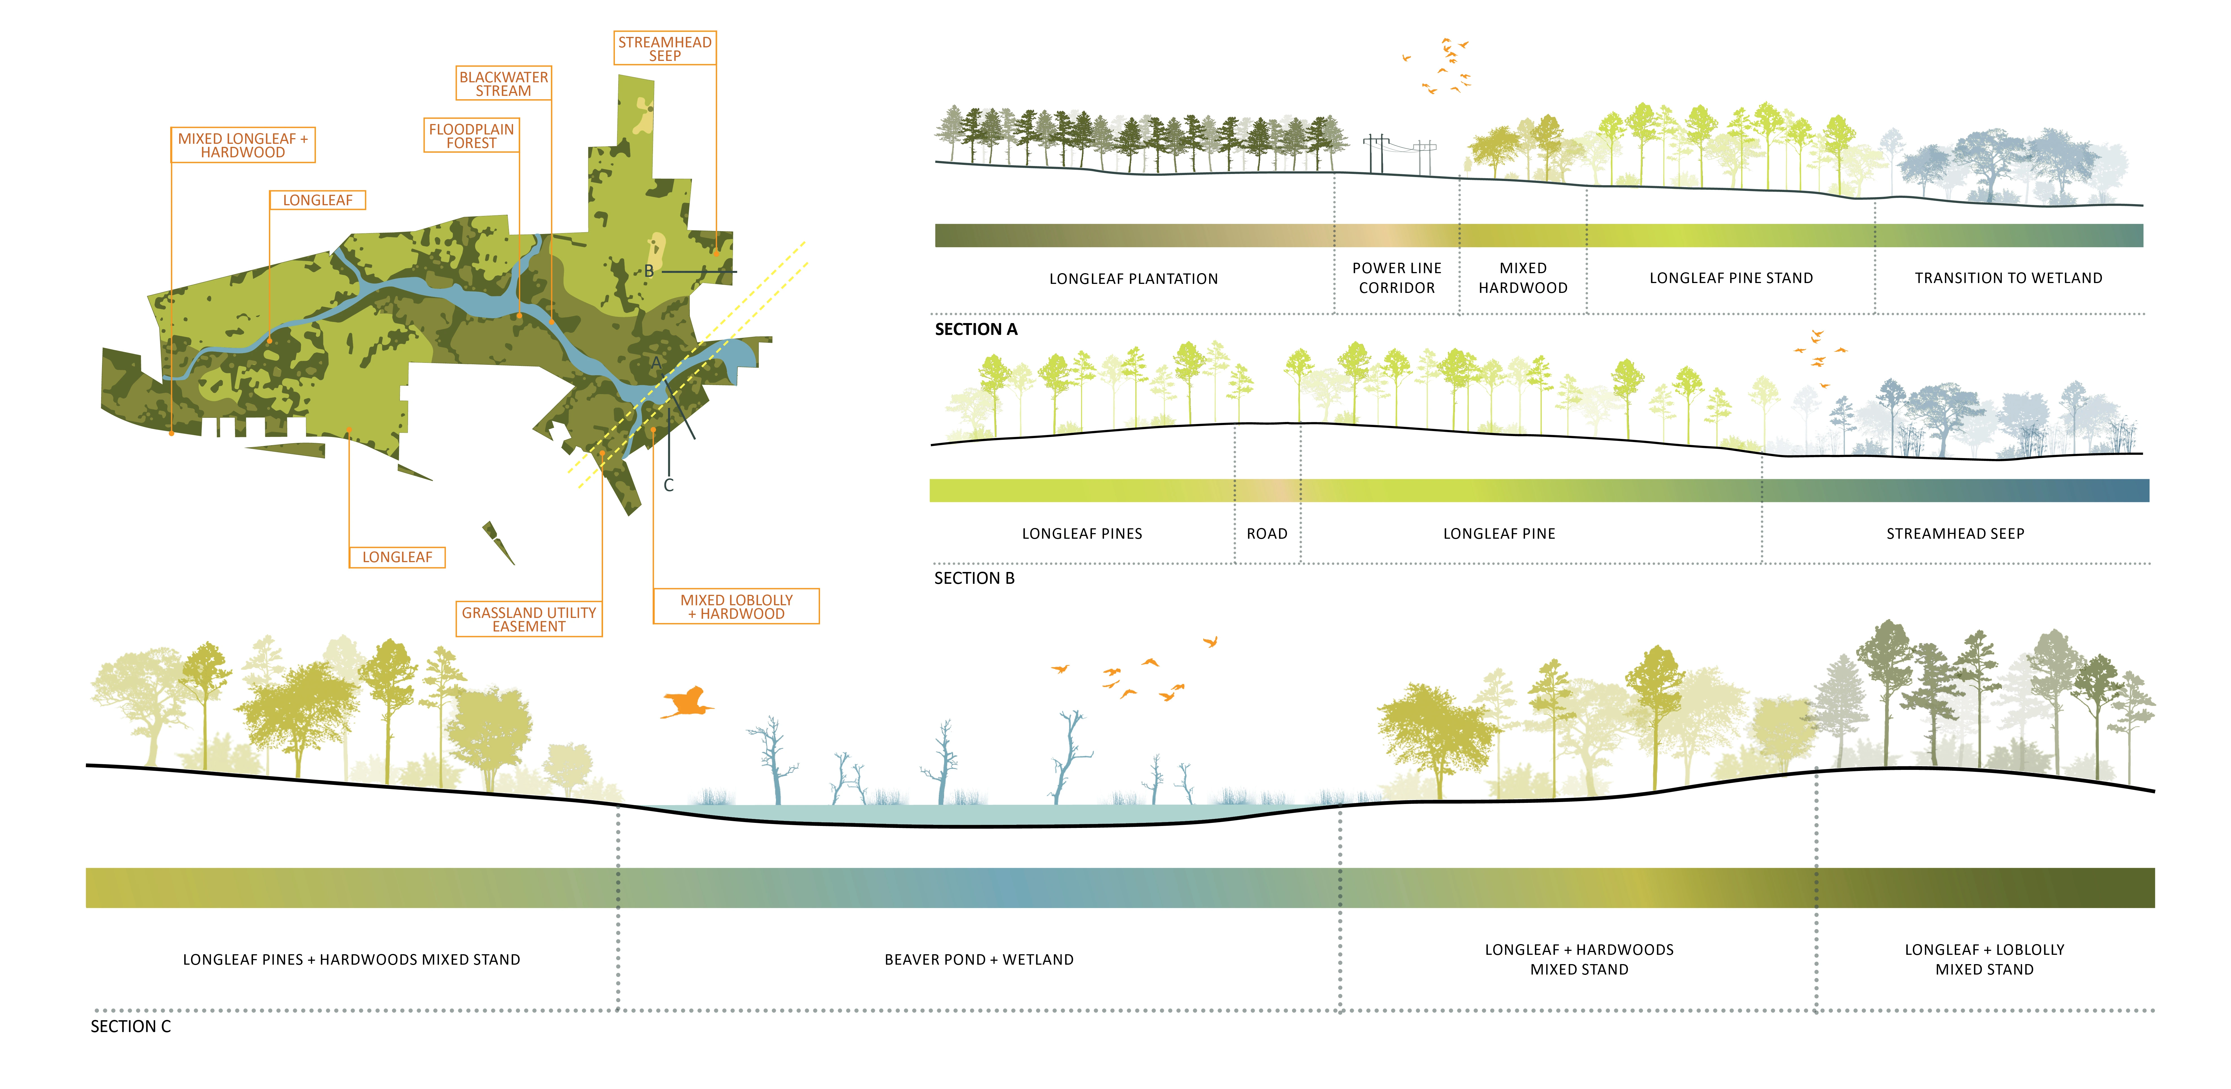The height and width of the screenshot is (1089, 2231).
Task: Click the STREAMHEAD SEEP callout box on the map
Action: [664, 48]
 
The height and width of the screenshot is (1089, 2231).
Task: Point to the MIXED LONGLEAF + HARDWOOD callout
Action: [243, 145]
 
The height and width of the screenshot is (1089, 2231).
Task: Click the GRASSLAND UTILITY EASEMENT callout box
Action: [528, 619]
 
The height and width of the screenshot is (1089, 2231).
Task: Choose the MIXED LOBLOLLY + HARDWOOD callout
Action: [736, 606]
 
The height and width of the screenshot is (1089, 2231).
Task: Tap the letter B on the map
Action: [649, 271]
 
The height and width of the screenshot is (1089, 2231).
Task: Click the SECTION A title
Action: [976, 329]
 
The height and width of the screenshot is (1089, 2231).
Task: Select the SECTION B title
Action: [974, 578]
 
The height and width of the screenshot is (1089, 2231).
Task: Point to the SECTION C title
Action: [131, 1027]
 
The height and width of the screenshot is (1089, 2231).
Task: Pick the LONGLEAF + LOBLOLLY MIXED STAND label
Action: [1984, 959]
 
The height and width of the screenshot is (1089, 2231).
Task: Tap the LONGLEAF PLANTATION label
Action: [1133, 279]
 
